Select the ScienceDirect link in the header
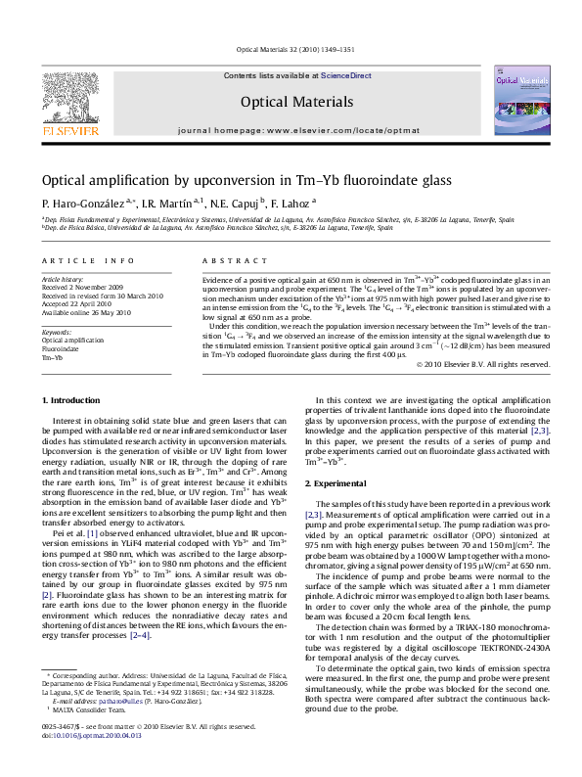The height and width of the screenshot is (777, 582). coord(346,75)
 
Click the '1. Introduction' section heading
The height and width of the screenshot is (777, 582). coord(73,401)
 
